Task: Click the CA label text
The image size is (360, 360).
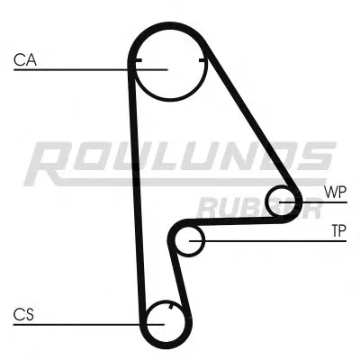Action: pyautogui.click(x=24, y=61)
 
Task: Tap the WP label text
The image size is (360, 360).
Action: pyautogui.click(x=334, y=192)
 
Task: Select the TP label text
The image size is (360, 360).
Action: pyautogui.click(x=337, y=231)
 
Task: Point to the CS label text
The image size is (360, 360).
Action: pyautogui.click(x=23, y=314)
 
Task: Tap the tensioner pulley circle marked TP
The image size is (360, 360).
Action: pyautogui.click(x=190, y=240)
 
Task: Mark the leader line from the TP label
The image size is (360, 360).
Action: pyautogui.click(x=270, y=240)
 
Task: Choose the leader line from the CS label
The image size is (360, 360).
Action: pyautogui.click(x=81, y=321)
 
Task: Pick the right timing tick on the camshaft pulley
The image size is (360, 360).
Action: pyautogui.click(x=205, y=62)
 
